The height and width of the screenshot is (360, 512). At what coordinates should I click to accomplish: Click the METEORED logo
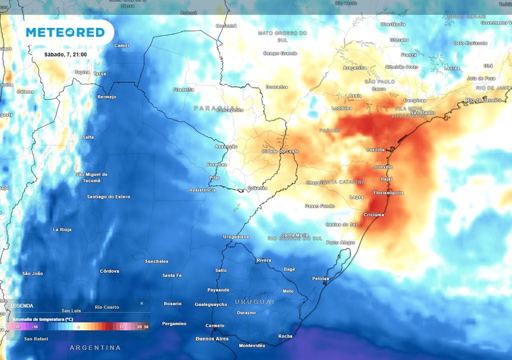click(x=65, y=32)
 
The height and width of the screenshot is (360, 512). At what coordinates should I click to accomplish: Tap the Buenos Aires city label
click(x=212, y=338)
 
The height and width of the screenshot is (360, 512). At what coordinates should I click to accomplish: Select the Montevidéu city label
click(x=251, y=345)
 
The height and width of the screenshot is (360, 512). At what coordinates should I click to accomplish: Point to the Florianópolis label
click(x=388, y=192)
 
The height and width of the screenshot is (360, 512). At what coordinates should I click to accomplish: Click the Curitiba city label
click(x=375, y=149)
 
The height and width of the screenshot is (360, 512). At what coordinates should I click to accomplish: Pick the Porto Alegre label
click(x=340, y=242)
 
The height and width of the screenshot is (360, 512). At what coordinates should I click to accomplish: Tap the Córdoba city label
click(x=109, y=271)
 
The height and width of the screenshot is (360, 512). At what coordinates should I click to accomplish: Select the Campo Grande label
click(x=280, y=53)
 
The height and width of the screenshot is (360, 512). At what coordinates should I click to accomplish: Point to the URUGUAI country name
click(x=255, y=302)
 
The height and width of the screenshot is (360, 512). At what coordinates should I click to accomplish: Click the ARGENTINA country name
click(x=95, y=347)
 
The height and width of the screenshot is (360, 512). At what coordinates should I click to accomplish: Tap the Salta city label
click(x=88, y=137)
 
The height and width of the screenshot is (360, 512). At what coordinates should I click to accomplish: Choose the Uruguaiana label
click(x=236, y=236)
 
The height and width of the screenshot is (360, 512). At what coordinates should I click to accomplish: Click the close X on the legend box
click(x=141, y=303)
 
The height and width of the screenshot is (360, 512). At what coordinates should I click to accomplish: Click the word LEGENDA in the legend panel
click(x=22, y=305)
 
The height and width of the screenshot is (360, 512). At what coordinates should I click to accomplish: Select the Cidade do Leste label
click(x=280, y=151)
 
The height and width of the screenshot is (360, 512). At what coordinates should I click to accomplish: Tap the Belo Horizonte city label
click(x=470, y=43)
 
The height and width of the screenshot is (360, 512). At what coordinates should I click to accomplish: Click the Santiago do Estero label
click(x=108, y=196)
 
